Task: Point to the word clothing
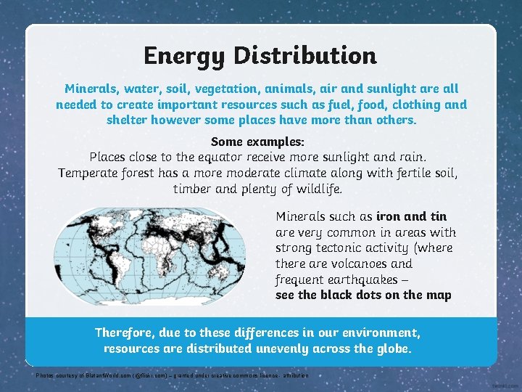click(x=413, y=105)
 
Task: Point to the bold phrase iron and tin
click(x=411, y=216)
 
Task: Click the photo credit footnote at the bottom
click(x=173, y=376)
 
